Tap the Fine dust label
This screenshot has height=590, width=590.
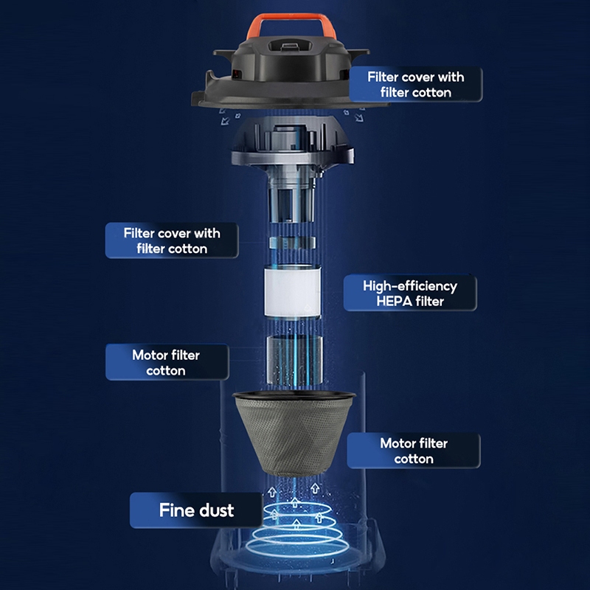coord(196,510)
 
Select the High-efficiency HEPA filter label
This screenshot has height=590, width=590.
coord(410,293)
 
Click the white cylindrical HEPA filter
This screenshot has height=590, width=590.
coord(292,290)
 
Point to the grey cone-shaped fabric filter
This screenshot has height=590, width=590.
coord(294,433)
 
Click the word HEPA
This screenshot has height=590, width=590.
coord(394,302)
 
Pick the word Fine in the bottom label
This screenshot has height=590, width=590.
coord(174,510)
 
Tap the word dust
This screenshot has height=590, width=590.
coord(217,510)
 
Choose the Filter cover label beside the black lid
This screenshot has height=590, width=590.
coord(416,84)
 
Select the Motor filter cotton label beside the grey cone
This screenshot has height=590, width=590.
coord(414,451)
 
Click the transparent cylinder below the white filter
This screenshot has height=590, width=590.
coord(294,361)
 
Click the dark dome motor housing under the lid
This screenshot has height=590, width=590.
coord(293,140)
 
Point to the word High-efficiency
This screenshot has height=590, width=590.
coord(410,286)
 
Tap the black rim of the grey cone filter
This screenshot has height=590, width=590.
coord(294,396)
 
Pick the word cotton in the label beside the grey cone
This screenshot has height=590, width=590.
coord(414,459)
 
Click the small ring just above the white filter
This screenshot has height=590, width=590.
coord(292,243)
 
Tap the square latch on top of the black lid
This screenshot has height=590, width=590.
coord(289,46)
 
